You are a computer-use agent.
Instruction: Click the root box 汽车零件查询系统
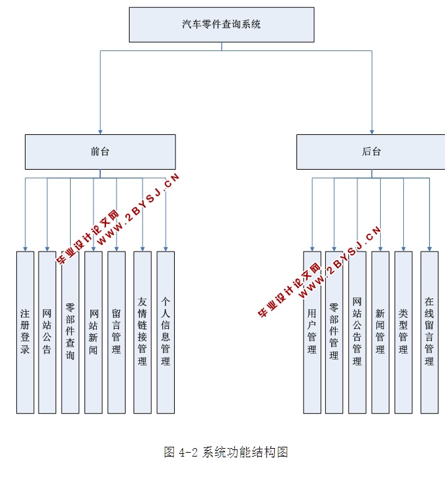pyautogui.click(x=221, y=24)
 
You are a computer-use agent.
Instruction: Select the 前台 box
pyautogui.click(x=100, y=151)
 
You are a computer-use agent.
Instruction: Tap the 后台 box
pyautogui.click(x=371, y=151)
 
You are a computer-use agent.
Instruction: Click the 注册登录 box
pyautogui.click(x=25, y=332)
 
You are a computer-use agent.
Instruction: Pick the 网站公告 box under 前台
pyautogui.click(x=47, y=332)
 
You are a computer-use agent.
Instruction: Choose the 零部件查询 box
pyautogui.click(x=70, y=332)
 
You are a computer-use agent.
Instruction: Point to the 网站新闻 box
pyautogui.click(x=94, y=332)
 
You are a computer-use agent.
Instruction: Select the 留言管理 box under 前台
pyautogui.click(x=116, y=332)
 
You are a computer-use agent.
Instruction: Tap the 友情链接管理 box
pyautogui.click(x=142, y=332)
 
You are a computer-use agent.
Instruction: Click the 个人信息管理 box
pyautogui.click(x=166, y=332)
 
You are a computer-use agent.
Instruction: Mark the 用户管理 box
pyautogui.click(x=312, y=332)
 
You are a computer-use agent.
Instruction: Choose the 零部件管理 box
pyautogui.click(x=334, y=332)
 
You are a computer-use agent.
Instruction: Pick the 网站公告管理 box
pyautogui.click(x=357, y=332)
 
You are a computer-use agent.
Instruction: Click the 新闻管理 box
pyautogui.click(x=380, y=332)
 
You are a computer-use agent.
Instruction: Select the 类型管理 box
pyautogui.click(x=403, y=332)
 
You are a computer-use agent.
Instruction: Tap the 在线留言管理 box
pyautogui.click(x=429, y=332)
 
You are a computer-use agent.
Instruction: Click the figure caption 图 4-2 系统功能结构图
pyautogui.click(x=226, y=452)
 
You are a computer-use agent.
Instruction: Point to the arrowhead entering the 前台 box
pyautogui.click(x=100, y=131)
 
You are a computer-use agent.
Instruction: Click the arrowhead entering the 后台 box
pyautogui.click(x=372, y=131)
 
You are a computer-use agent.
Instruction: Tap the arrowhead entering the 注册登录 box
pyautogui.click(x=25, y=248)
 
